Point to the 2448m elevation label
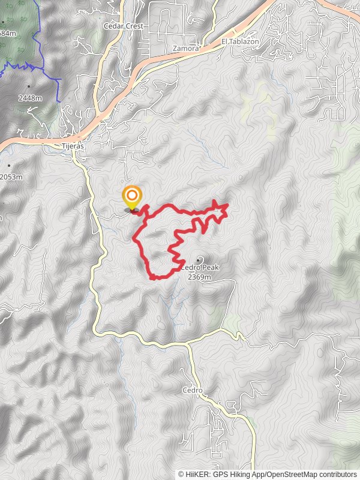30,98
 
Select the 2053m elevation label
11,176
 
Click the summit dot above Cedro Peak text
199,259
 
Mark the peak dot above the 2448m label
29,86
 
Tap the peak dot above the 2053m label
8,166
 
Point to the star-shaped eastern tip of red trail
224,208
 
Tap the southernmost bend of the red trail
154,278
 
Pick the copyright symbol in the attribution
181,475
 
